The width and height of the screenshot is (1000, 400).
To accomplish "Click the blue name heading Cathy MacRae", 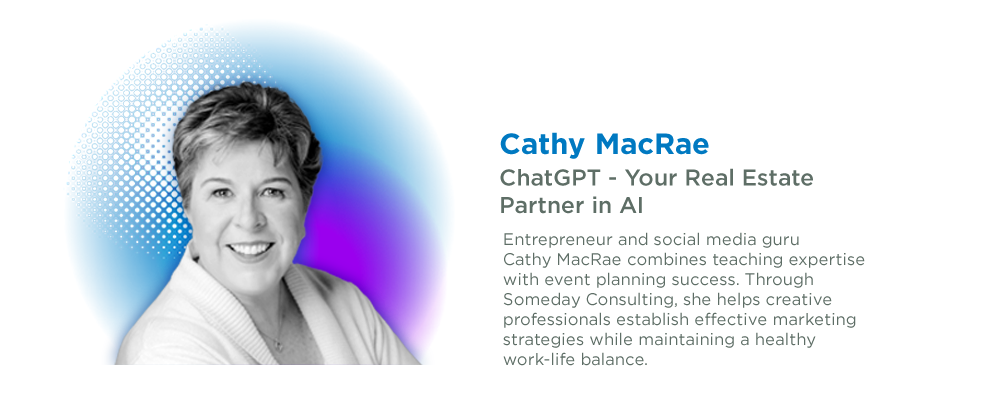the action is (604, 145).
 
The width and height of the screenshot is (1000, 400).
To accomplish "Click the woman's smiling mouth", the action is (251, 249).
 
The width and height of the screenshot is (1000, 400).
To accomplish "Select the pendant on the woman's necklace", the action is (277, 345).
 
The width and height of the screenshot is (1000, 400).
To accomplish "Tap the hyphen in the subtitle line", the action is (613, 180).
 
